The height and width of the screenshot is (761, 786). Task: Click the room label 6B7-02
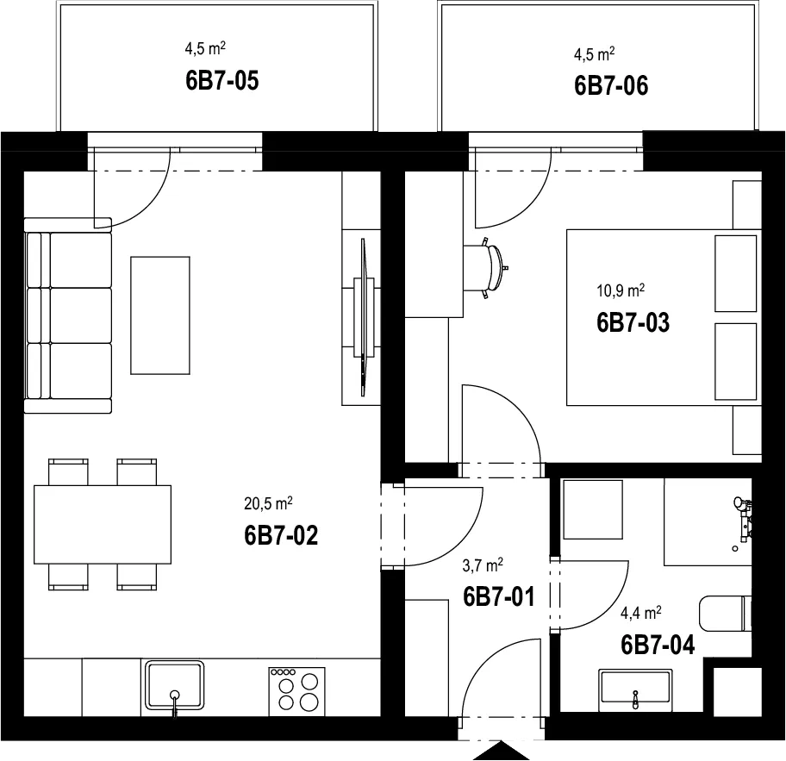click(x=281, y=535)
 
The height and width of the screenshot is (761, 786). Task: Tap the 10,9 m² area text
click(x=620, y=290)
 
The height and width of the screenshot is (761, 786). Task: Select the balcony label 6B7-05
click(x=222, y=81)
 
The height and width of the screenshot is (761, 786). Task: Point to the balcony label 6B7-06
click(x=611, y=85)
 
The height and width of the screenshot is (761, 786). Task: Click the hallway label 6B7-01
click(x=499, y=596)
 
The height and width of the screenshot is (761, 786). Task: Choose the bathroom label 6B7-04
click(x=658, y=645)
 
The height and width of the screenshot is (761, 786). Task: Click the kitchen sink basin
click(x=174, y=686)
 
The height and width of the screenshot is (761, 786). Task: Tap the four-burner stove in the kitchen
click(x=296, y=691)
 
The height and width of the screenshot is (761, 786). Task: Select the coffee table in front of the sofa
click(x=160, y=315)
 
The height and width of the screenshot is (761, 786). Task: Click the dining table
click(x=103, y=524)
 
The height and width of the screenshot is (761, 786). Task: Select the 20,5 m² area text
click(x=268, y=503)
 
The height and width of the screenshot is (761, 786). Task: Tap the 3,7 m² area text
click(x=483, y=566)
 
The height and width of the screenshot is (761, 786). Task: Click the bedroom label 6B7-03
click(x=633, y=322)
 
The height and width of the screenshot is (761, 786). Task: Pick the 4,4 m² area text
click(x=641, y=613)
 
